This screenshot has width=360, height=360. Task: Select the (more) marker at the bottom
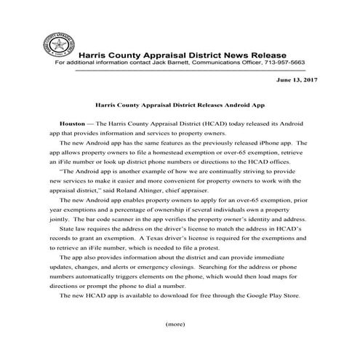point(176,322)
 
